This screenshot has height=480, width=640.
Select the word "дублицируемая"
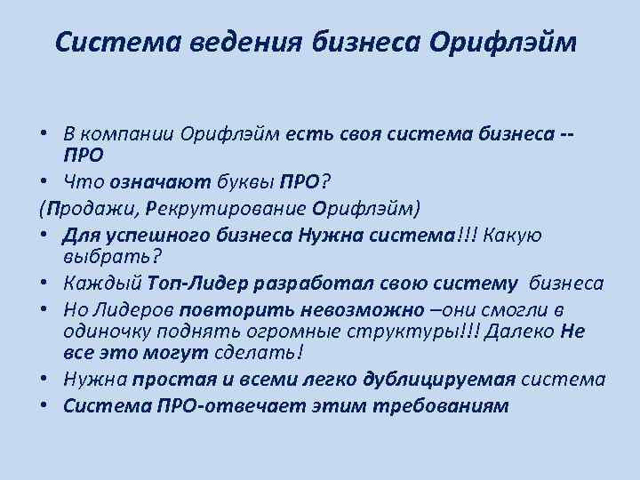[439, 380]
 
